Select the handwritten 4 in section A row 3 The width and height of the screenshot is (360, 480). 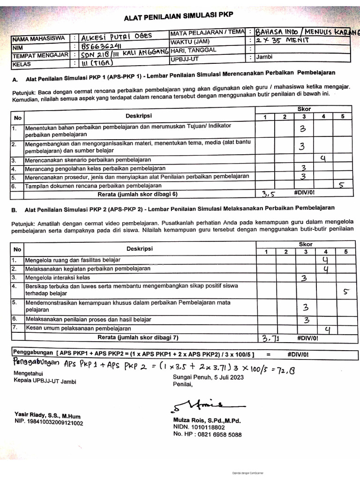click(322, 159)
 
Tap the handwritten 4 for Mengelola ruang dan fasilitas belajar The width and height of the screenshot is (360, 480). click(325, 259)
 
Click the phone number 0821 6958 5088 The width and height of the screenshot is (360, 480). click(217, 435)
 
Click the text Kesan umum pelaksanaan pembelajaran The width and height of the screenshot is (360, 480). click(78, 328)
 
